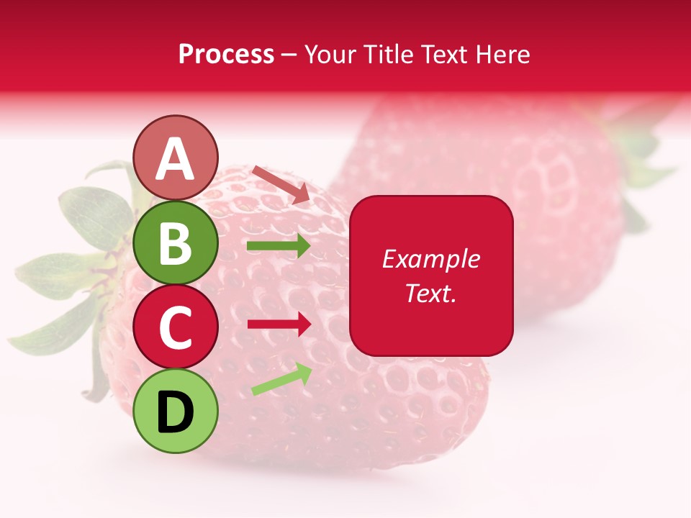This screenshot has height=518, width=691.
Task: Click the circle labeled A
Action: click(176, 158)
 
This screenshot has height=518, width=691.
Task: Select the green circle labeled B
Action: click(176, 242)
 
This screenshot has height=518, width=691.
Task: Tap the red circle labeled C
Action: click(176, 327)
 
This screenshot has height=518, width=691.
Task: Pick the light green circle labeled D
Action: click(176, 411)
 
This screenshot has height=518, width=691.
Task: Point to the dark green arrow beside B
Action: click(279, 246)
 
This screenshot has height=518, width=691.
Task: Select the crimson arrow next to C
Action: click(279, 324)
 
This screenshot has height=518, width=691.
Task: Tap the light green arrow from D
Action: click(281, 379)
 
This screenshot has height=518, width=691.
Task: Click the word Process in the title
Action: click(226, 54)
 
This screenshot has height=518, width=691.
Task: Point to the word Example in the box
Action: click(430, 259)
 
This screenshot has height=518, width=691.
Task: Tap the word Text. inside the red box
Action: click(430, 293)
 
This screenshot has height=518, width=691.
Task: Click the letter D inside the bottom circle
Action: click(176, 412)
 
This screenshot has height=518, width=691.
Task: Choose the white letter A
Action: click(176, 159)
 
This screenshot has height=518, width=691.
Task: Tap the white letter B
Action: click(176, 243)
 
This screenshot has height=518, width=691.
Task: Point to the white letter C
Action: click(176, 327)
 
